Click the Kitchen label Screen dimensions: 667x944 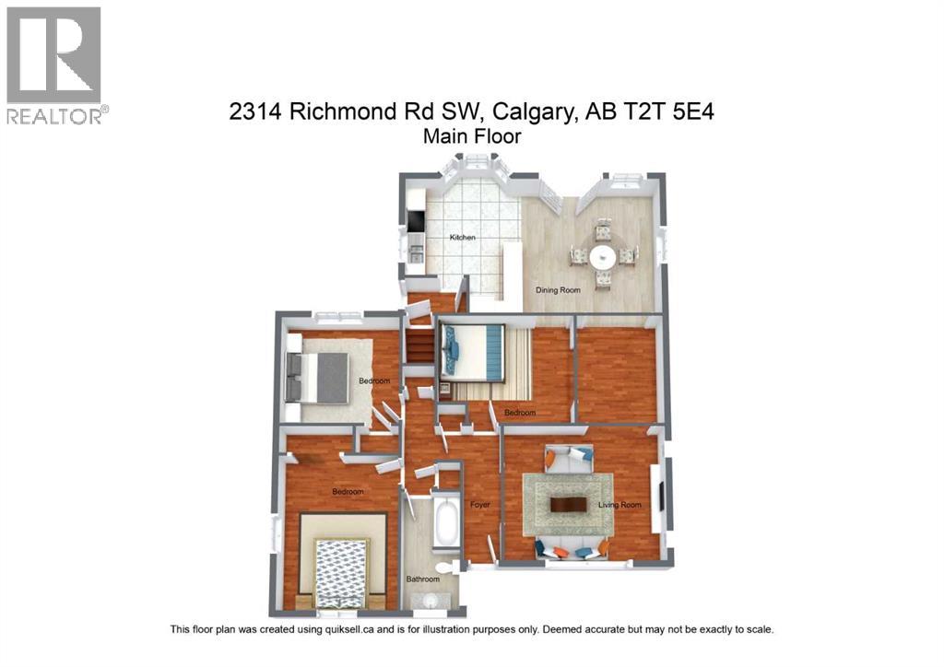[462, 238]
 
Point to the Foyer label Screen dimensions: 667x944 [479, 505]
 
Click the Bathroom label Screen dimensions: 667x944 [423, 579]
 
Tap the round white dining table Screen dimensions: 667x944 [603, 255]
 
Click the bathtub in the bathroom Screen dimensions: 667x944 [447, 523]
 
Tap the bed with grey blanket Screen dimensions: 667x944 [319, 377]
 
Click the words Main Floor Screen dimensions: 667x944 [472, 136]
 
